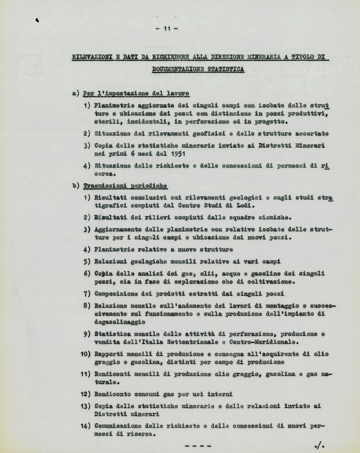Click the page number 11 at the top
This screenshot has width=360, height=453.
coord(167,28)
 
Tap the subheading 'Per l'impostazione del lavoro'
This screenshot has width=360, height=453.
coord(136,94)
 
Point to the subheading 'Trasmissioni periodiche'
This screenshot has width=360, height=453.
coord(125,186)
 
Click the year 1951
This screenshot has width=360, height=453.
coord(178,154)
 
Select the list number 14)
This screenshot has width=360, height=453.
coord(85,426)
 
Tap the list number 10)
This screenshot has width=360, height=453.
coord(85,354)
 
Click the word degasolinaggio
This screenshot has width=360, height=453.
coord(120,322)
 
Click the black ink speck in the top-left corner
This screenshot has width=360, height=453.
coord(37,20)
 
